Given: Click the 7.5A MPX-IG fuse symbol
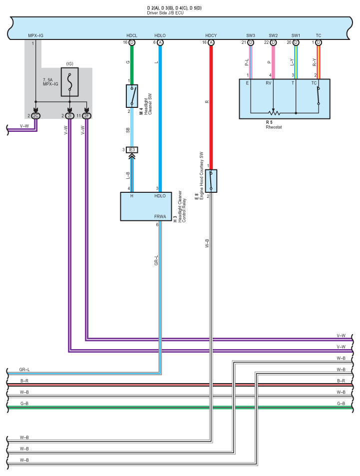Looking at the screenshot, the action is pos(69,82).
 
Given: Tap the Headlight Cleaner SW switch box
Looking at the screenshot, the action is pos(132,96).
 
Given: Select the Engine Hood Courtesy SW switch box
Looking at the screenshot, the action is pos(211,181).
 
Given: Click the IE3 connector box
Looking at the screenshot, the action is pos(132,150).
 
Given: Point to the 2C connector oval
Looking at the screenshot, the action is pos(35,116).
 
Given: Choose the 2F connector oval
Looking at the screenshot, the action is pos(87,116).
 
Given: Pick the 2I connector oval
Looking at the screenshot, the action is pos(69,116).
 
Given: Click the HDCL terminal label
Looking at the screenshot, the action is pos(132,35).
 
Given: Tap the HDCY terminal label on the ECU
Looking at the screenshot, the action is pos(211,35).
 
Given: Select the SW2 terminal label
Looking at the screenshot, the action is pos(273,35).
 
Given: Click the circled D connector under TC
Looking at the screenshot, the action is pos(319,42).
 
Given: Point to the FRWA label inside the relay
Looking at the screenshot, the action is pos(160,216).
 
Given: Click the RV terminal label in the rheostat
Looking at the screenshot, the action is pos(268,83).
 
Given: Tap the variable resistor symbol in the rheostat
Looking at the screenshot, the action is pos(274,113).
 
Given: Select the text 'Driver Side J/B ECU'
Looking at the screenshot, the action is pos(165,13).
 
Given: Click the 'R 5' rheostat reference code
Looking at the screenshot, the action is pos(269,122).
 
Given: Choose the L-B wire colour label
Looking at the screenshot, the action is pos(128,175).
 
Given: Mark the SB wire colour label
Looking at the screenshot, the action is pos(128,130).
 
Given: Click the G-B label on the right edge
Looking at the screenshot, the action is pos(341,404).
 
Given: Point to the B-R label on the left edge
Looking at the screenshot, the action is pos(24,381).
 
